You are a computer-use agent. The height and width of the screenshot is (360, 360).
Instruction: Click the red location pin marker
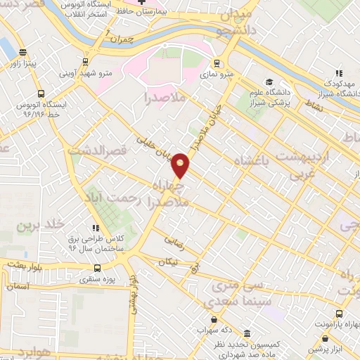pos(181,165)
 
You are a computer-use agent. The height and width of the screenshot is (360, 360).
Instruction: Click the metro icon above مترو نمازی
pos(217,62)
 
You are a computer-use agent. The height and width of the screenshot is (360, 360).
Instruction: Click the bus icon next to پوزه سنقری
pos(96,269)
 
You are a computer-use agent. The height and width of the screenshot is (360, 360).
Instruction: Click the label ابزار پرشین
pos(331,349)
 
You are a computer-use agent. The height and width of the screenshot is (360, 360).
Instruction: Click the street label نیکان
pos(168,264)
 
